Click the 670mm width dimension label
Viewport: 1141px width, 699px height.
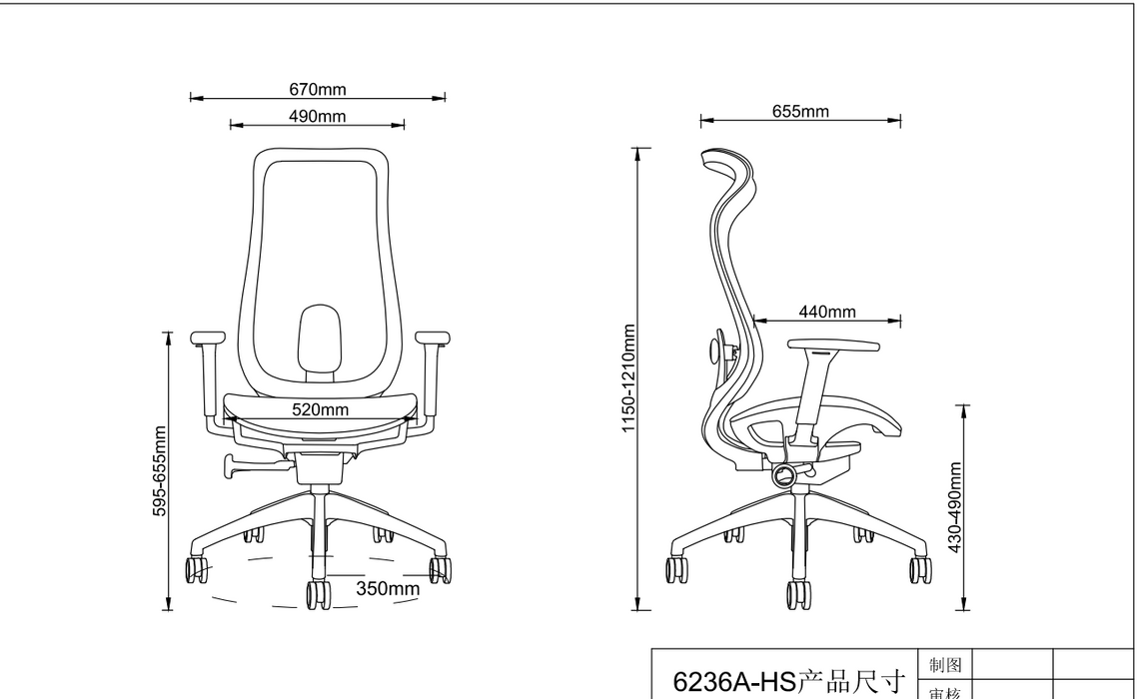coord(318,90)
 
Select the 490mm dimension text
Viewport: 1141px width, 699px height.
coord(318,116)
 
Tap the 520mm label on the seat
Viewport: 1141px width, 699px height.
coord(320,409)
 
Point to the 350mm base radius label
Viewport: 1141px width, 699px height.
coord(388,588)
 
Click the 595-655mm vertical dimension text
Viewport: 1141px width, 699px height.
coord(160,471)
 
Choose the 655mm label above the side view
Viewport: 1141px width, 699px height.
coord(800,112)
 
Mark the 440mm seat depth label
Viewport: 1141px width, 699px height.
coord(827,312)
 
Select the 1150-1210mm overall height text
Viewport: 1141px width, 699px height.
coord(629,379)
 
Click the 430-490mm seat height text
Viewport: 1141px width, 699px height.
coord(955,507)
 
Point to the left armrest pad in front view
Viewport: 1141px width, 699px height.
coord(208,338)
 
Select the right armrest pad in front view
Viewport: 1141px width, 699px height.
coord(433,338)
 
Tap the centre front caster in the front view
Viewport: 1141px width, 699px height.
coord(319,594)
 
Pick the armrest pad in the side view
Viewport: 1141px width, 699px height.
coord(832,346)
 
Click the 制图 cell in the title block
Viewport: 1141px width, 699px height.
coord(945,665)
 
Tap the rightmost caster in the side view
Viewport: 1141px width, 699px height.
coord(919,569)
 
